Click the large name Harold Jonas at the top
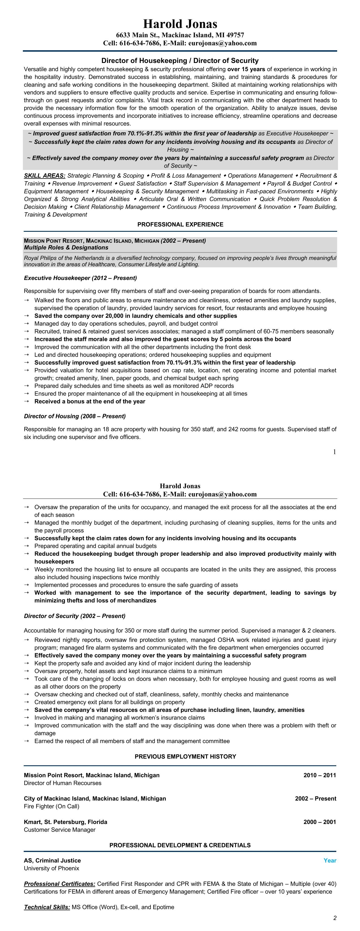[180, 24]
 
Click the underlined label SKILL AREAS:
[44, 176]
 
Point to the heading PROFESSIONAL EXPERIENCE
[180, 224]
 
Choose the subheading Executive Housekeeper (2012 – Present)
[80, 278]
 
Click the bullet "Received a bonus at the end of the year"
[90, 401]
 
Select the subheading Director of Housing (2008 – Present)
[75, 416]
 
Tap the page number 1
[334, 451]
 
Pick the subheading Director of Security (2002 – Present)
[75, 616]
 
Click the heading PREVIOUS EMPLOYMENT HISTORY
[185, 757]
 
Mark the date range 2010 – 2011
[320, 775]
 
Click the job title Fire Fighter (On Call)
[51, 806]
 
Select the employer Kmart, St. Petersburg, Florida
[66, 822]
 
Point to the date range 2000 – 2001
[320, 822]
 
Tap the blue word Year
[330, 860]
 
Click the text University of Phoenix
[51, 868]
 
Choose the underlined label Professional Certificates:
[60, 884]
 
